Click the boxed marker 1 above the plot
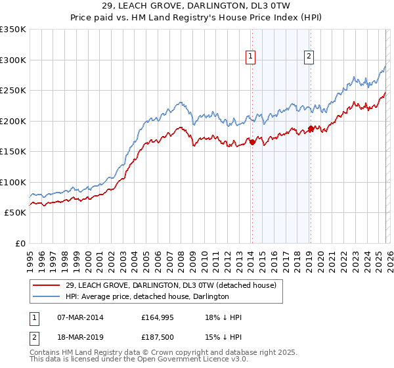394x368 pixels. pyautogui.click(x=251, y=57)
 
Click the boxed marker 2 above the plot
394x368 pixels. pyautogui.click(x=309, y=57)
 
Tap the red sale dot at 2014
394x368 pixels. pyautogui.click(x=252, y=142)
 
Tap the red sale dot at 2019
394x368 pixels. pyautogui.click(x=311, y=129)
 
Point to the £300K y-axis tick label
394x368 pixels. pyautogui.click(x=13, y=60)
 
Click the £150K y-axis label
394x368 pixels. pyautogui.click(x=13, y=151)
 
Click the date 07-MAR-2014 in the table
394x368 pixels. pyautogui.click(x=80, y=317)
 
